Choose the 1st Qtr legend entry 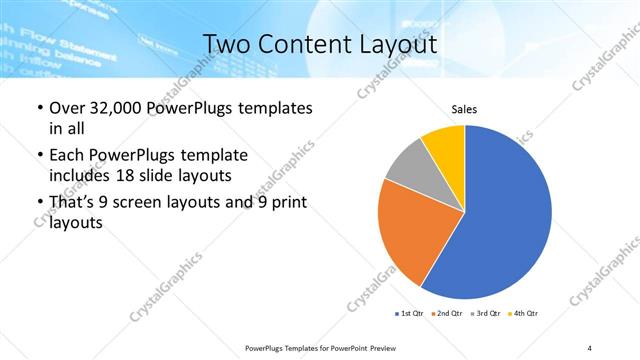(410, 314)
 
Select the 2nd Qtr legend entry (445, 314)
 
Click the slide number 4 (589, 346)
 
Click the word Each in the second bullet (67, 155)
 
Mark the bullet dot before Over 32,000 (39, 108)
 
